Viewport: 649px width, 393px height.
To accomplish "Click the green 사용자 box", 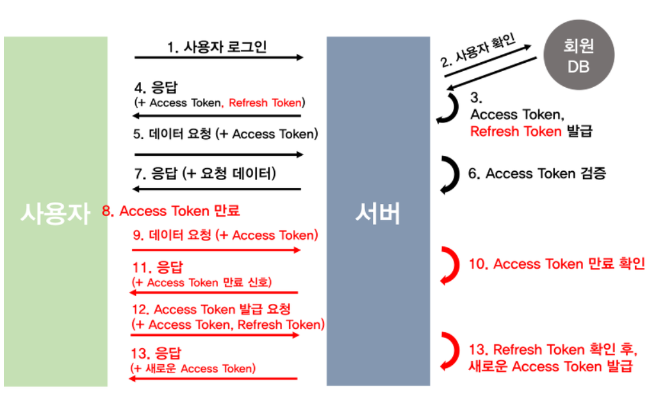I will (x=55, y=212).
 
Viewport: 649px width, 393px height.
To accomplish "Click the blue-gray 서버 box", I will (x=377, y=212).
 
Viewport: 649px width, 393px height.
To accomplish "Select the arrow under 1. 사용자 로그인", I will (x=218, y=58).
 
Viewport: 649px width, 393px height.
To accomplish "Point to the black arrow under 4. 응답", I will (x=216, y=116).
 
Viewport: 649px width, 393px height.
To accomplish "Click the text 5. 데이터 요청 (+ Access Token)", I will (x=226, y=134).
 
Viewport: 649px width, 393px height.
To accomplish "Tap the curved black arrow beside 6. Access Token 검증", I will (x=450, y=173).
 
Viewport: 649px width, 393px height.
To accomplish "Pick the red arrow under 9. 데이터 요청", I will (x=217, y=250).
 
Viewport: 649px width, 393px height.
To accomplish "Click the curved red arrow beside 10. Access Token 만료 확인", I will (x=450, y=264).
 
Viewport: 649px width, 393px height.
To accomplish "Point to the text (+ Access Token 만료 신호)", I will (x=201, y=283).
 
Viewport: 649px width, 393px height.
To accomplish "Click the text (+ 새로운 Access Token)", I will (x=193, y=368).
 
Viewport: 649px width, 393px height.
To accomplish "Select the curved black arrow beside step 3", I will (x=448, y=107).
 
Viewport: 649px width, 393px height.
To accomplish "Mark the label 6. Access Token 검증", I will (x=537, y=173).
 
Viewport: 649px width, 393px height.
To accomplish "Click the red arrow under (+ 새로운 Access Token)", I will (x=214, y=379).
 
